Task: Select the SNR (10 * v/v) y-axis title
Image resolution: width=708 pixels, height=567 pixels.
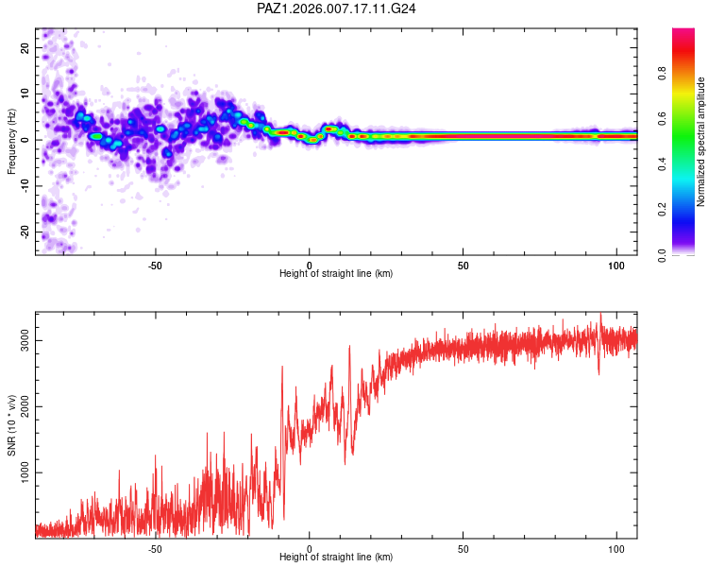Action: [11, 425]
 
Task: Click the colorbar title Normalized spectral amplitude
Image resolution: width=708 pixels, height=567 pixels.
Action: [701, 142]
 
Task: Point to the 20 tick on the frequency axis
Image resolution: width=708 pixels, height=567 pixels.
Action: [25, 47]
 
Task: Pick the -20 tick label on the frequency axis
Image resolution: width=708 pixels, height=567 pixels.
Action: [25, 232]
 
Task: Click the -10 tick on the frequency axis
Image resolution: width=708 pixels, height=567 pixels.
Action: [25, 185]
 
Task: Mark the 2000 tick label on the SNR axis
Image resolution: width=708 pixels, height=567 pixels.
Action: [25, 407]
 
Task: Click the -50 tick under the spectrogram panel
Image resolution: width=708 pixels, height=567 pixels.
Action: [156, 265]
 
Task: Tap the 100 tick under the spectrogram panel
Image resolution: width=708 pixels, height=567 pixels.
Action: [617, 265]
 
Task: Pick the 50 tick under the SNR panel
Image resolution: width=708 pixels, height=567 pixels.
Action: [464, 548]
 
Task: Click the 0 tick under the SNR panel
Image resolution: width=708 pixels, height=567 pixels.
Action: [310, 548]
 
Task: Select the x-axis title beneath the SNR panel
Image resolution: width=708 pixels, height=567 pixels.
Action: [337, 558]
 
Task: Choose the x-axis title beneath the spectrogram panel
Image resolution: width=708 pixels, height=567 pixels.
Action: [337, 274]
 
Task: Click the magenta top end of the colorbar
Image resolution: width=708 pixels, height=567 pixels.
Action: [683, 33]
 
